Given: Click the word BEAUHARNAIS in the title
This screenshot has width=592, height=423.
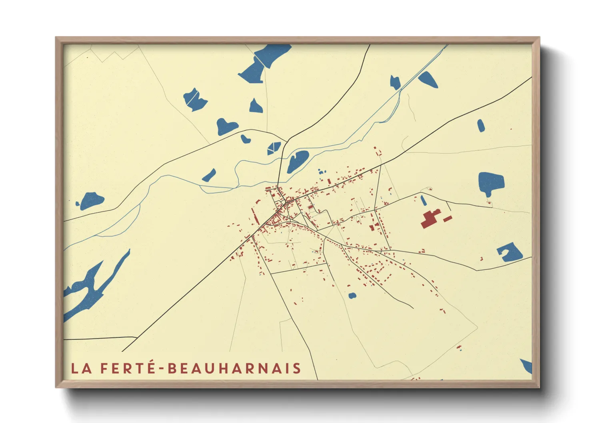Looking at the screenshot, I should coord(234,368).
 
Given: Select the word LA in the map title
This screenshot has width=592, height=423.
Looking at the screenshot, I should coord(81,368).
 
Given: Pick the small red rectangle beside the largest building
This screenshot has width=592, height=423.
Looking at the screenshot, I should coord(448,219).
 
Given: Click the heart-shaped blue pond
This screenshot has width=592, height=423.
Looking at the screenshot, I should coord(226,127).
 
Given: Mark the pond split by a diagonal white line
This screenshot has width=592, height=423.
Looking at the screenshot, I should coord(195,99).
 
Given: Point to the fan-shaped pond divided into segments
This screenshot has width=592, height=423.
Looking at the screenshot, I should coord(274,148).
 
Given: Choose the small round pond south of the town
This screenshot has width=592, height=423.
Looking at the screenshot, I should coord(352,296).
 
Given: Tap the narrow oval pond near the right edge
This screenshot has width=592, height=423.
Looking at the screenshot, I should coord(481,126).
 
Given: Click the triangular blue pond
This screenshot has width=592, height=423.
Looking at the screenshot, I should coord(256,106).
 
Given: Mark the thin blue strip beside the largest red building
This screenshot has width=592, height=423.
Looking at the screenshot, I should coord(423,200).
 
